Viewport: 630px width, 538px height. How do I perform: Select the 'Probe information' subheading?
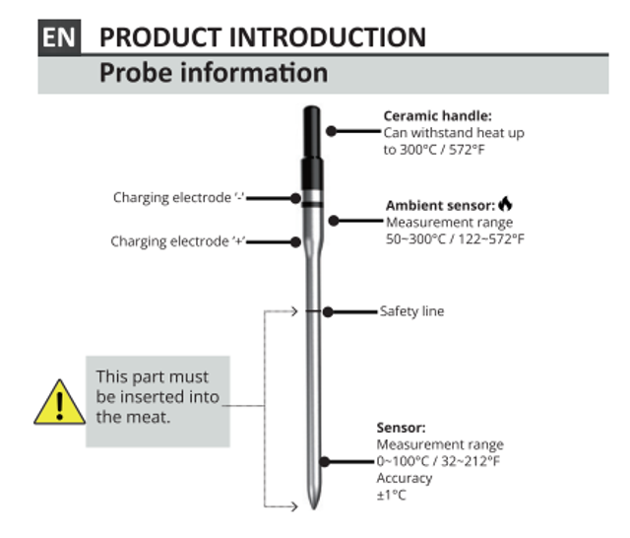click(x=214, y=73)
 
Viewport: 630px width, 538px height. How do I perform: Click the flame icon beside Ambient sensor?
click(x=506, y=204)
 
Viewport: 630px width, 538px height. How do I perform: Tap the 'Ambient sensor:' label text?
click(x=440, y=206)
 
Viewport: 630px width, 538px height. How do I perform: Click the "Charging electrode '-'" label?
click(x=179, y=197)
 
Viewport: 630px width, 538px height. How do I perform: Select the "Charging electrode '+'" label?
click(x=177, y=241)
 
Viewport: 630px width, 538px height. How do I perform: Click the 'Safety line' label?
click(x=411, y=311)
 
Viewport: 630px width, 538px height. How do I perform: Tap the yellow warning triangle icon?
click(x=59, y=402)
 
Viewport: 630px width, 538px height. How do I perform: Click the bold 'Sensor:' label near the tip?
click(x=402, y=428)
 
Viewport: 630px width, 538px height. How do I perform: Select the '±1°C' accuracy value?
click(x=392, y=495)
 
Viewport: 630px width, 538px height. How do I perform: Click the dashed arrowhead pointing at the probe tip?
click(x=292, y=507)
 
